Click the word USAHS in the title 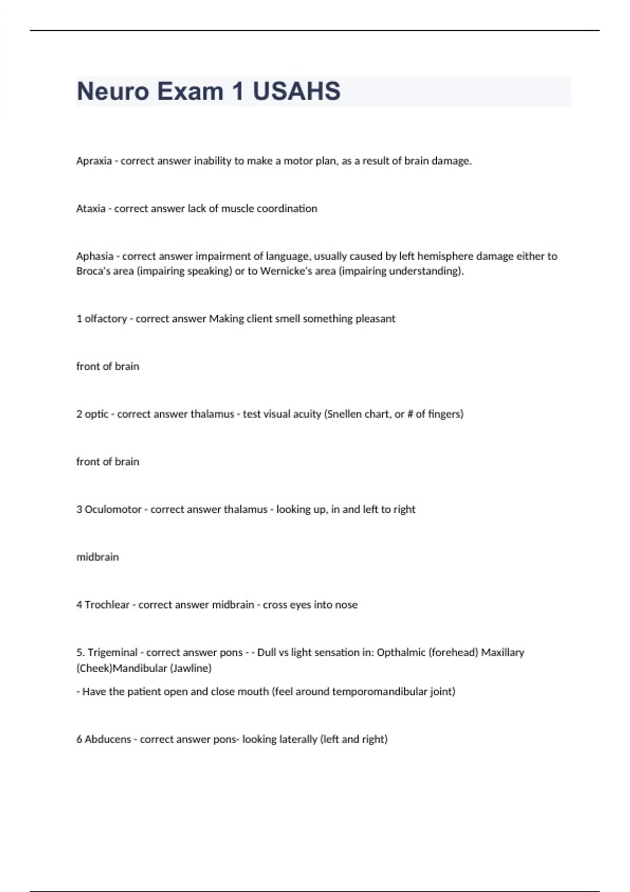(x=297, y=91)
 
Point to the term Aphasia (x=94, y=256)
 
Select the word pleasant (x=375, y=318)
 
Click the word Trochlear (x=107, y=604)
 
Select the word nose (x=346, y=604)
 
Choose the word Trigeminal (x=112, y=652)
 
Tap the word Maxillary (x=502, y=652)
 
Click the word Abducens (x=108, y=739)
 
